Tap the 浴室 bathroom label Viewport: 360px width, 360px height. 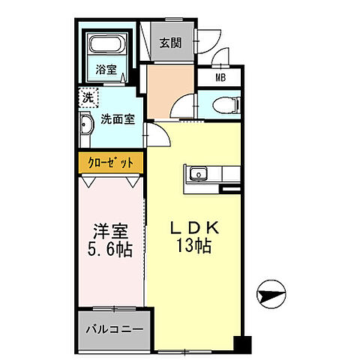pyautogui.click(x=106, y=70)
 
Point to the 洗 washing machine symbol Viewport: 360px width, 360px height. pyautogui.click(x=88, y=97)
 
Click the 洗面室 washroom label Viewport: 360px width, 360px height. pyautogui.click(x=118, y=118)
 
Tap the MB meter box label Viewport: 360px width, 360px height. pyautogui.click(x=220, y=76)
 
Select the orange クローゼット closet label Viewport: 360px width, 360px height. pyautogui.click(x=112, y=163)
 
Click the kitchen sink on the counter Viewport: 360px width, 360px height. pyautogui.click(x=199, y=175)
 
